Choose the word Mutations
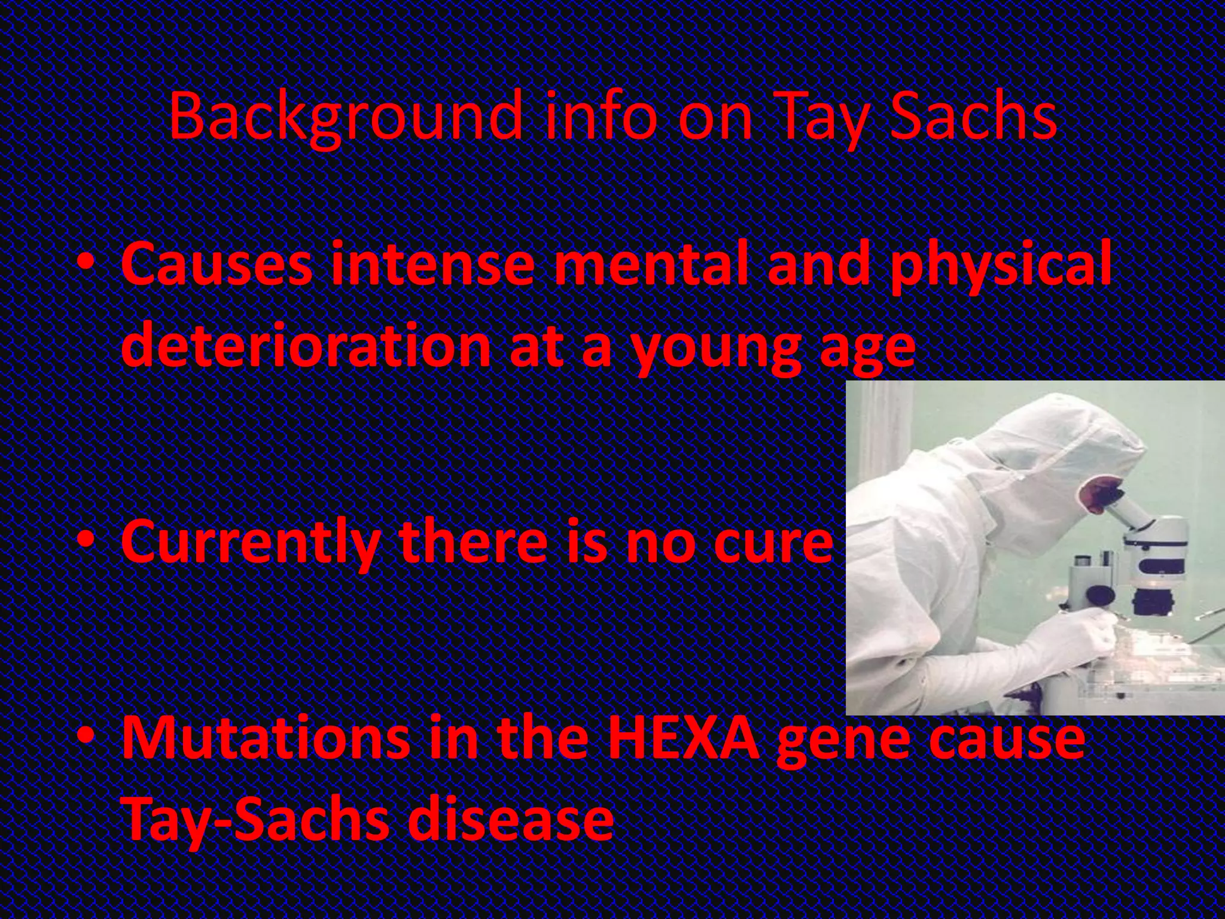coord(263,738)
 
